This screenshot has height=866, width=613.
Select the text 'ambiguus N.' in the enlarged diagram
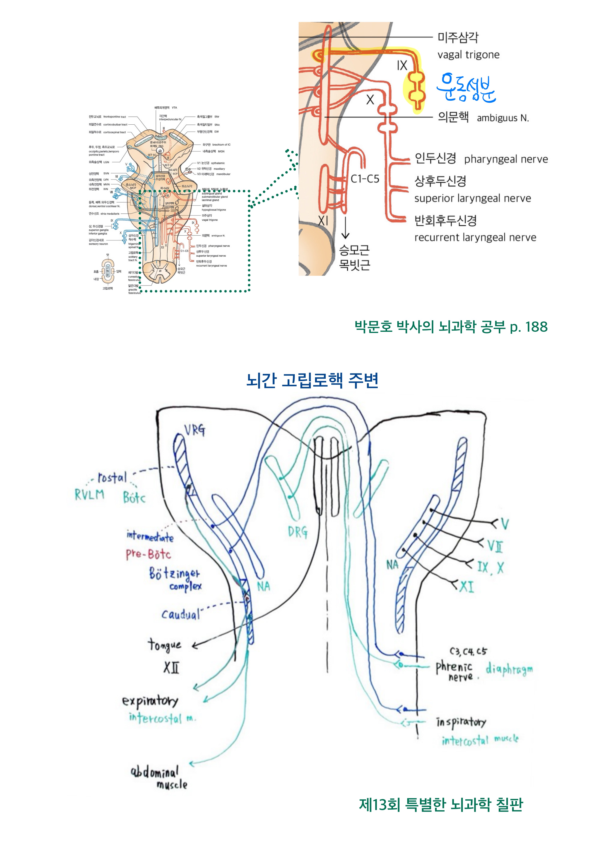click(503, 118)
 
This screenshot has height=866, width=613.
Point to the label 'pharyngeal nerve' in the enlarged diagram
click(506, 159)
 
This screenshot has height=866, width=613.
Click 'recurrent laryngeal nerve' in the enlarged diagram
click(475, 237)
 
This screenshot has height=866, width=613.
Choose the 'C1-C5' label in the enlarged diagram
click(365, 179)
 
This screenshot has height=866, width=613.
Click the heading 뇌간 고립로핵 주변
click(312, 380)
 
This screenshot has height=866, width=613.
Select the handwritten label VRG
click(195, 430)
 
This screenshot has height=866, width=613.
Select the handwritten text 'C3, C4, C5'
click(468, 651)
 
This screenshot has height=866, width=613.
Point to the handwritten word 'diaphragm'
click(509, 669)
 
